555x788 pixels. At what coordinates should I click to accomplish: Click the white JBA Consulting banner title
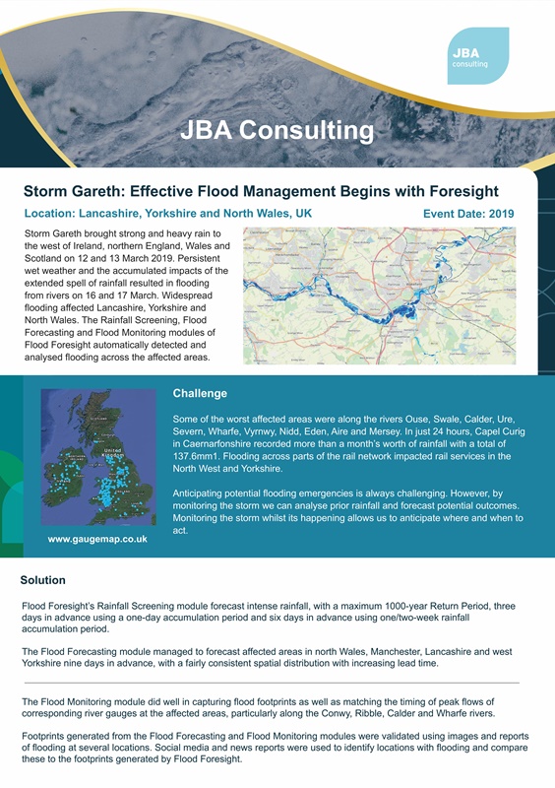277,130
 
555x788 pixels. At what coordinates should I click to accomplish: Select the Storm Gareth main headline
261,191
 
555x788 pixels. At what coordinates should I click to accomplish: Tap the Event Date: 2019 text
468,213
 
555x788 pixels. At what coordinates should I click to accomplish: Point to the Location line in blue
167,213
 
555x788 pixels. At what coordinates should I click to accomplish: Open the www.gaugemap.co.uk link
97,539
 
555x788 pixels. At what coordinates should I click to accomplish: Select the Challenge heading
200,393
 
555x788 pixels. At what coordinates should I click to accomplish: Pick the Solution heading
43,580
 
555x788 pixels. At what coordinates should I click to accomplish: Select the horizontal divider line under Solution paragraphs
271,682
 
